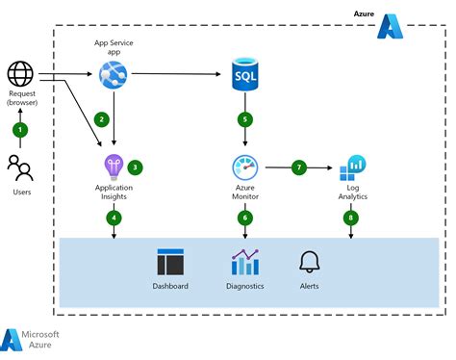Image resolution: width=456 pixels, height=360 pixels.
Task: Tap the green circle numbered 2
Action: (101, 119)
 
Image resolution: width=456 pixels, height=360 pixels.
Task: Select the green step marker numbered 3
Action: (135, 167)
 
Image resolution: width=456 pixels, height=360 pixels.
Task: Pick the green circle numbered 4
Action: (114, 218)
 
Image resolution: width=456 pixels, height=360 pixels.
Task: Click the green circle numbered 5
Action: (245, 120)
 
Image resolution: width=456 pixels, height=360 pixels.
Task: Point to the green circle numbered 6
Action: (245, 218)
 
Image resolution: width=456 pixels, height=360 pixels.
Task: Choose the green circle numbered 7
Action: (299, 167)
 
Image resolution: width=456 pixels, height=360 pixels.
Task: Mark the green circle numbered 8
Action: (351, 218)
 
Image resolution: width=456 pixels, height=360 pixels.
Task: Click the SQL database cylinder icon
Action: (245, 73)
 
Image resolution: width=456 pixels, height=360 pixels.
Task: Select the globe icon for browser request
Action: (20, 73)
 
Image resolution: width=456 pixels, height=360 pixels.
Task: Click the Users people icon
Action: (20, 166)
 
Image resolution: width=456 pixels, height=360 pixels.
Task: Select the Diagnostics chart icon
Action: (245, 262)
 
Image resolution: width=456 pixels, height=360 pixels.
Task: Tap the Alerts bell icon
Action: (309, 262)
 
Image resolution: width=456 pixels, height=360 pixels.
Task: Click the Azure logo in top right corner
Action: (390, 26)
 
